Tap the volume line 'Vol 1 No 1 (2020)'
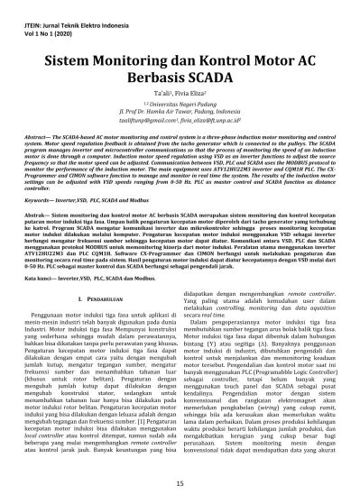(42, 40)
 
